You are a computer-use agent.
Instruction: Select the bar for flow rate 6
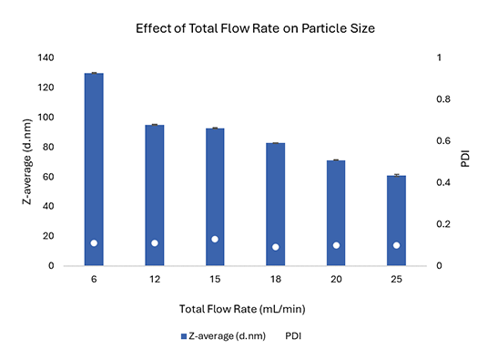pos(94,169)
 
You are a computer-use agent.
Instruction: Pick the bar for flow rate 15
pos(215,196)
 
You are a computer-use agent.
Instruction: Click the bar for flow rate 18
pos(275,203)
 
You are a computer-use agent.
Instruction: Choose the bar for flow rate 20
pos(336,212)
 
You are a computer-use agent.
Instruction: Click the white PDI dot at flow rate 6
pos(94,242)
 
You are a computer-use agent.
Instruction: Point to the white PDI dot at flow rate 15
pos(215,239)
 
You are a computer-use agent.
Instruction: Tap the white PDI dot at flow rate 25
pos(396,245)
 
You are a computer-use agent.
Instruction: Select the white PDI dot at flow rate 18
pos(275,247)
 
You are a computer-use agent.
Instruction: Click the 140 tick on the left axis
pos(46,57)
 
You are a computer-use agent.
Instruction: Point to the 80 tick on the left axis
pos(48,147)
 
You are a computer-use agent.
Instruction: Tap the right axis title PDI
pos(465,161)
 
